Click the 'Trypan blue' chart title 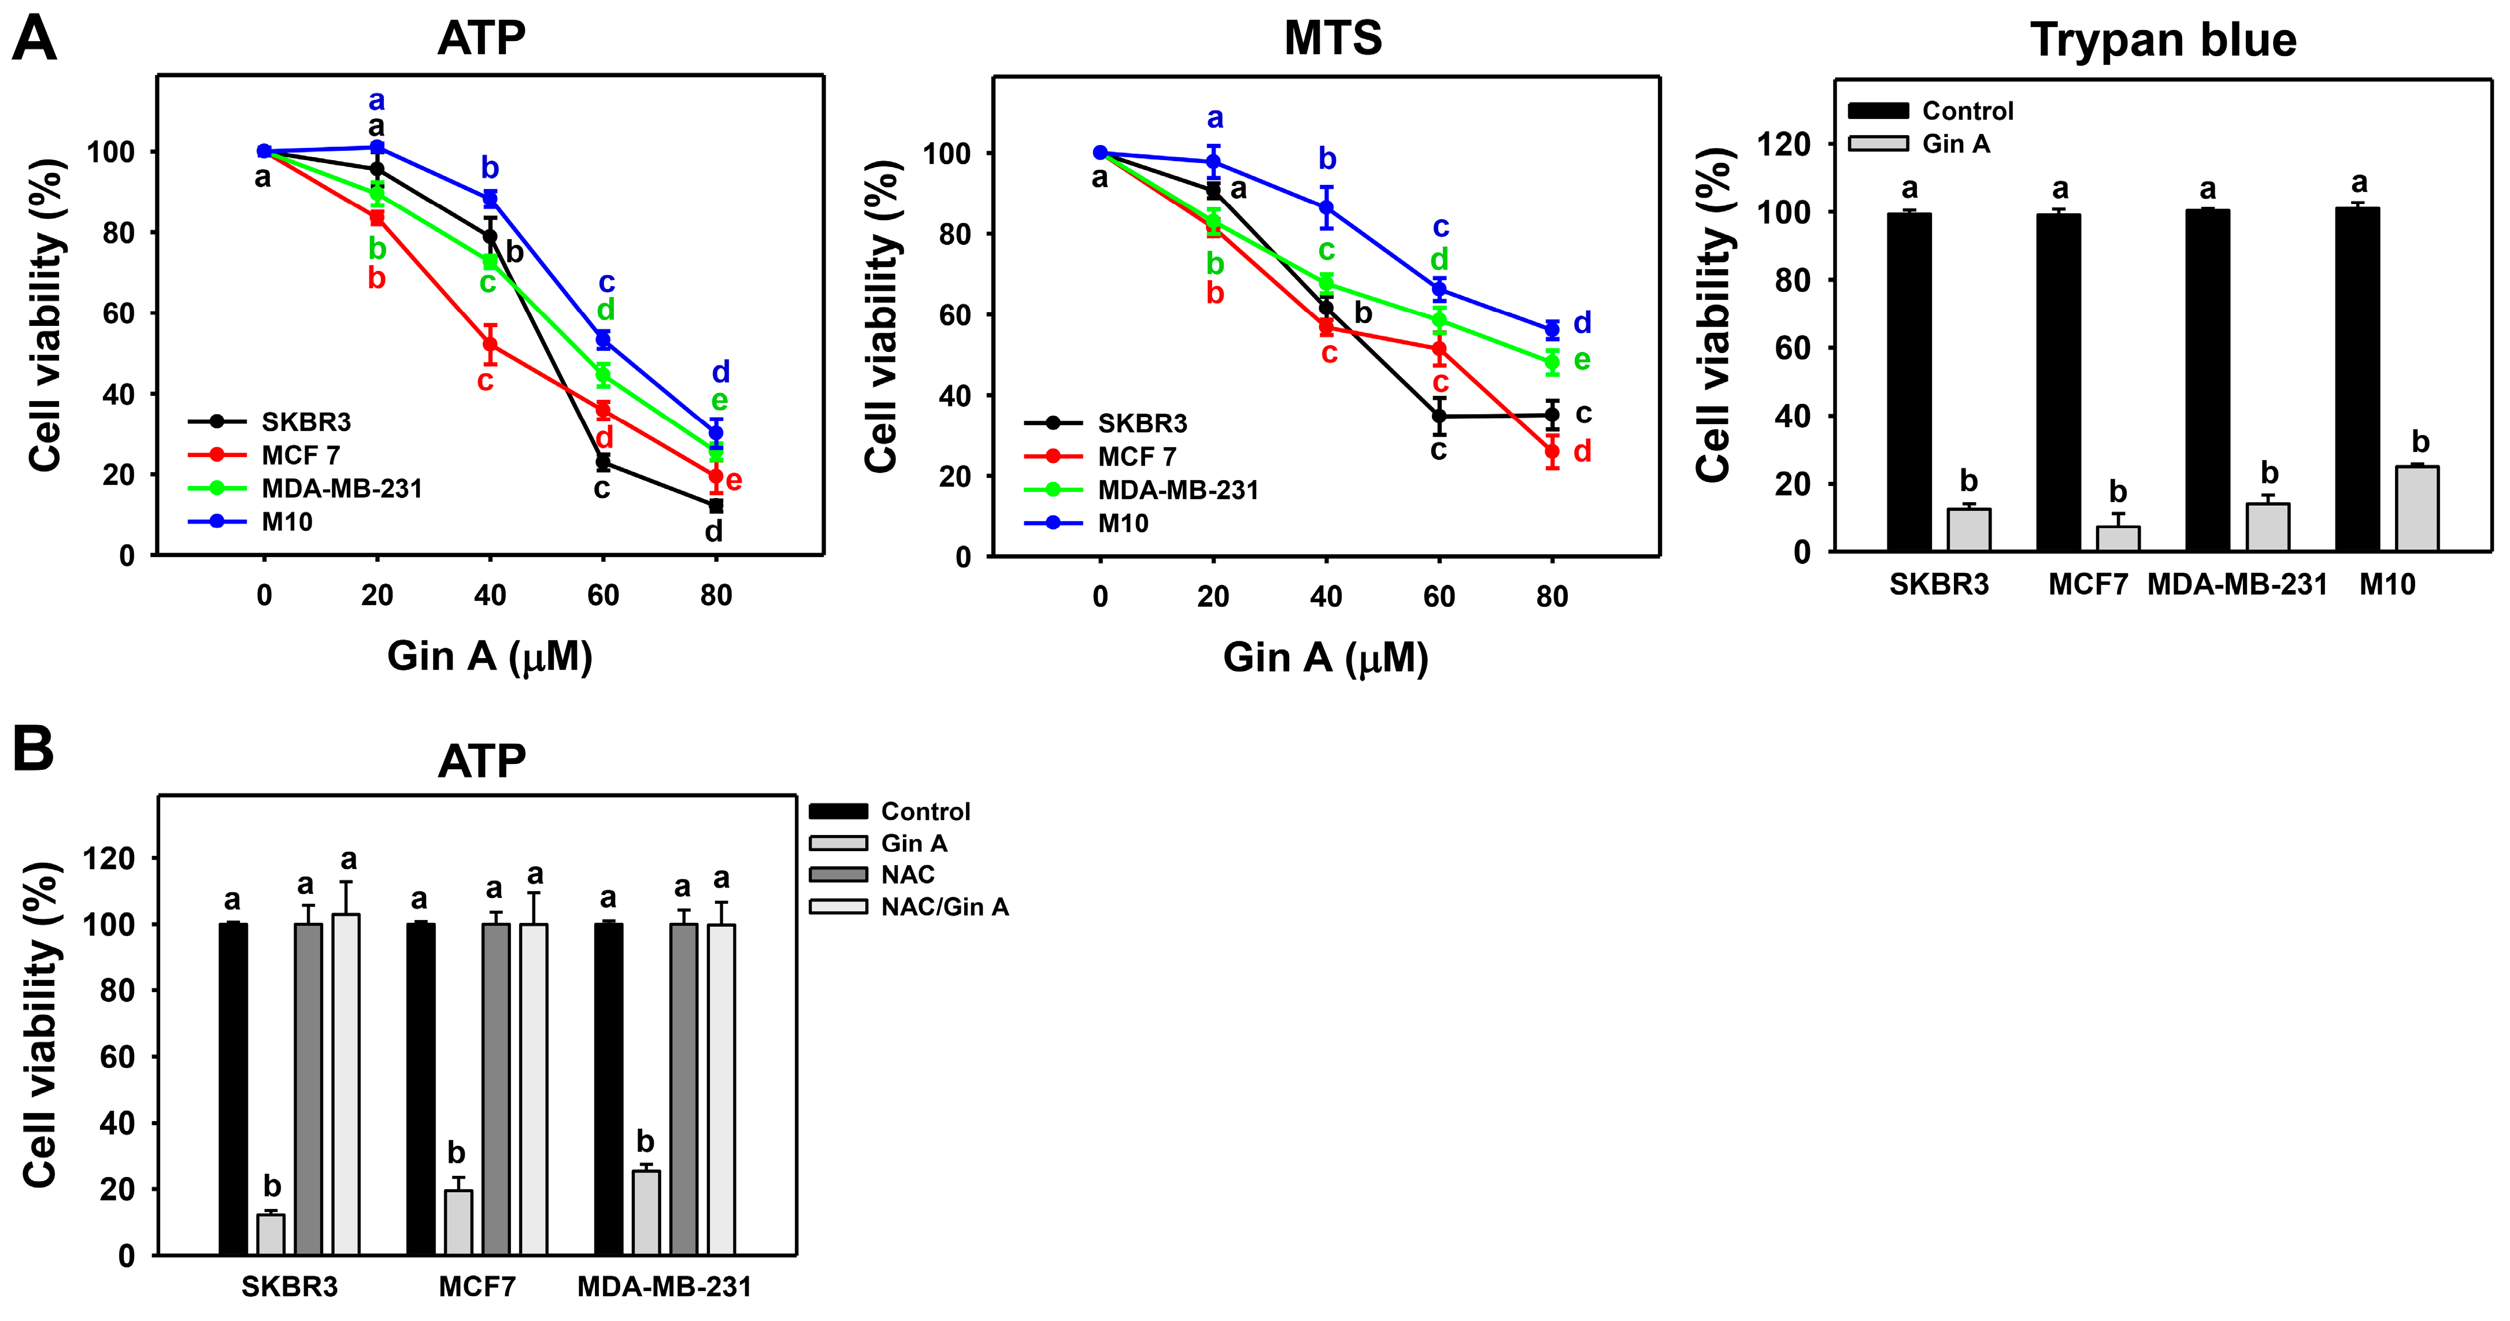tap(2163, 41)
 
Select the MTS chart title tap(1333, 39)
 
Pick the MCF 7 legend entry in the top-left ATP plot tap(300, 455)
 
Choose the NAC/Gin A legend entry tap(943, 907)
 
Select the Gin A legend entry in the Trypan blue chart tap(1954, 144)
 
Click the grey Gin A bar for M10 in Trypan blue tap(2416, 509)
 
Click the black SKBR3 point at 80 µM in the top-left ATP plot tap(716, 506)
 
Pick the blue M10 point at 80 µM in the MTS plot tap(1552, 329)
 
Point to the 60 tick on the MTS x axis tap(1439, 596)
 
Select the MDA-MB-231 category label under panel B tap(665, 1287)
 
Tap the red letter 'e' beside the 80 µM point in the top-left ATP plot tap(734, 480)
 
